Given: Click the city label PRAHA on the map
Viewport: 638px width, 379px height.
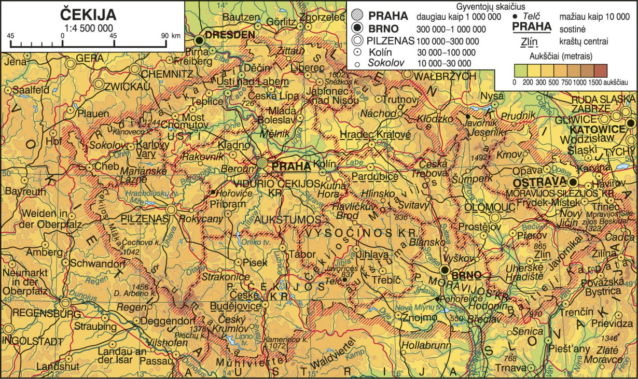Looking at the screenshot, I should pos(291,166).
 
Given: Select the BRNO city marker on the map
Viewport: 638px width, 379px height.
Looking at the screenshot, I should pos(445,269).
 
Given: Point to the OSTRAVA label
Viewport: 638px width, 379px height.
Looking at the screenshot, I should pos(539,183).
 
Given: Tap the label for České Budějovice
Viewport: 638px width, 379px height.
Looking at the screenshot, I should pos(242,301).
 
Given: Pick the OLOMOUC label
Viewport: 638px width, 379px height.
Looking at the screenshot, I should pos(489,207).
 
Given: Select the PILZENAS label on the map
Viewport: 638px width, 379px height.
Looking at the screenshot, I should pos(144,219).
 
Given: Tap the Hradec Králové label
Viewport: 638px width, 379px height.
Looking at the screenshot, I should pos(375,135).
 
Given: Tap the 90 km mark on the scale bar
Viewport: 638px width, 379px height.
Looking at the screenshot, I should pos(165,35).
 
